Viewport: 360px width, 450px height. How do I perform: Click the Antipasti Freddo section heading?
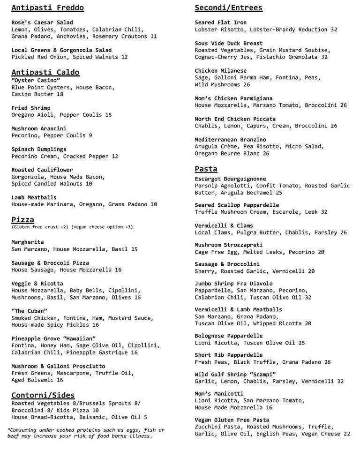click(x=47, y=7)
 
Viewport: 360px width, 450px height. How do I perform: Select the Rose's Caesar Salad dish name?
click(x=42, y=22)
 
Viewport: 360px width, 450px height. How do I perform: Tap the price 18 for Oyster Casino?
click(x=60, y=94)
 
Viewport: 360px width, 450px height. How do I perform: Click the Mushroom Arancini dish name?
click(x=39, y=128)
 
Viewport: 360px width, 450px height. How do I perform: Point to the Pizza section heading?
click(x=22, y=219)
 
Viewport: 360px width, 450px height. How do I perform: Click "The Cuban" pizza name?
click(x=29, y=311)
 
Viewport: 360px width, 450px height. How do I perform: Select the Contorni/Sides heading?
click(x=43, y=395)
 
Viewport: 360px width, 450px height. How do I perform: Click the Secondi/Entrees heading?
click(x=228, y=7)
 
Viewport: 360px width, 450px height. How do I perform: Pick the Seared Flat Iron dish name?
click(x=220, y=22)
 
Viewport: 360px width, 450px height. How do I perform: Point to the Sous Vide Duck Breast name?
click(x=229, y=43)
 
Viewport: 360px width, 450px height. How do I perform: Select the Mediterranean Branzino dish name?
click(x=230, y=139)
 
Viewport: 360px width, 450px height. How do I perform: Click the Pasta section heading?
click(x=206, y=168)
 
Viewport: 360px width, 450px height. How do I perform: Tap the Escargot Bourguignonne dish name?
click(x=230, y=179)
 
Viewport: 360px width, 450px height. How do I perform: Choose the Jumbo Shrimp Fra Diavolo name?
click(x=233, y=284)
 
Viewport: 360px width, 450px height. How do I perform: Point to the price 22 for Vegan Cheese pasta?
click(x=346, y=434)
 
